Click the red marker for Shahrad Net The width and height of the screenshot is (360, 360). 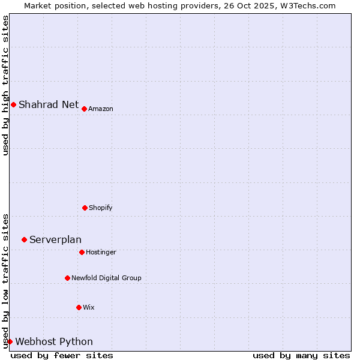point(13,105)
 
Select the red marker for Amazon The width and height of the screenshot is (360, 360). point(84,109)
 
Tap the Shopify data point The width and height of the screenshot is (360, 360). point(85,208)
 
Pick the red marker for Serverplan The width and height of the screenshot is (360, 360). point(24,239)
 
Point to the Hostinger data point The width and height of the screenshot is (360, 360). point(82,252)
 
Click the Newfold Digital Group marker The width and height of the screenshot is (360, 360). point(67,278)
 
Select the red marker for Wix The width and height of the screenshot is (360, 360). point(79,307)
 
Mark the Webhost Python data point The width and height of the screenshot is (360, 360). point(10,341)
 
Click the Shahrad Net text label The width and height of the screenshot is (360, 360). point(49,104)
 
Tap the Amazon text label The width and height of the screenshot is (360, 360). point(101,109)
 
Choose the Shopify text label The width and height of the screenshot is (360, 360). point(101,208)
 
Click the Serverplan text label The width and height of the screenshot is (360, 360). point(55,239)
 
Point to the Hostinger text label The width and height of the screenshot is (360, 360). point(101,252)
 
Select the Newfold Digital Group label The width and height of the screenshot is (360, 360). point(106,278)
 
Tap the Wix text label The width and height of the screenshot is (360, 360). point(89,307)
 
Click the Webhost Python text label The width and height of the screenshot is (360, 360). point(54,341)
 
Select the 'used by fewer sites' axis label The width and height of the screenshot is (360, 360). point(62,355)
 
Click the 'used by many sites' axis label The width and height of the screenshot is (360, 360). point(301,355)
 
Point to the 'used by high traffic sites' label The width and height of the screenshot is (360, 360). point(5,85)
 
